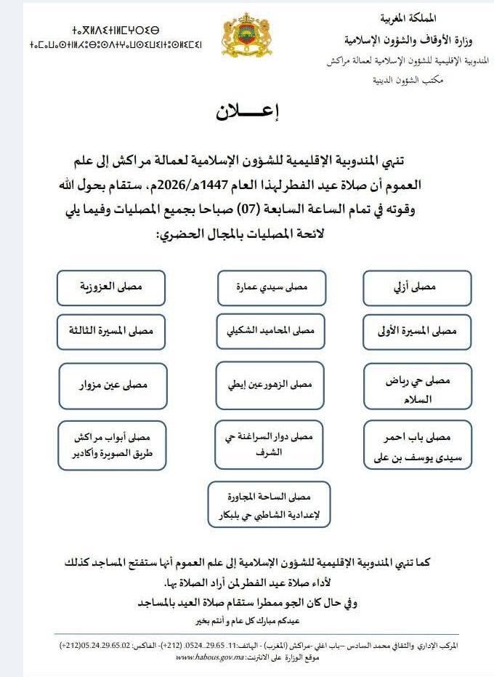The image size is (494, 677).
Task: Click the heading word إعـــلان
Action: tap(247, 112)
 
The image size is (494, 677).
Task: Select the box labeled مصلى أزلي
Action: tap(418, 287)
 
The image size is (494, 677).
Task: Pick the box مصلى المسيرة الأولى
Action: tap(418, 331)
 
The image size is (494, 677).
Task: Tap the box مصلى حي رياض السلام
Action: tap(418, 387)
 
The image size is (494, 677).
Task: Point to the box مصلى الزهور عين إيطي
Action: tap(266, 383)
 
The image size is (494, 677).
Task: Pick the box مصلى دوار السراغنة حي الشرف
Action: tap(266, 443)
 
